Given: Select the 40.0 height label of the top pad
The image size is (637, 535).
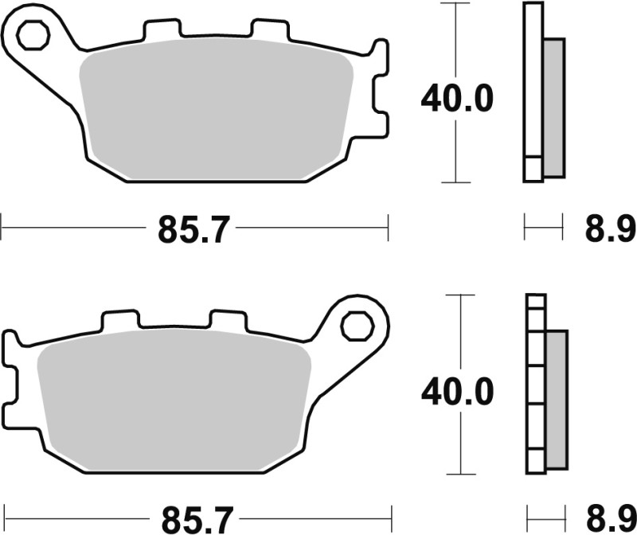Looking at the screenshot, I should pyautogui.click(x=457, y=100).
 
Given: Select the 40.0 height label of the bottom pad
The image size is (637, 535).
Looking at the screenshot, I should pyautogui.click(x=457, y=390).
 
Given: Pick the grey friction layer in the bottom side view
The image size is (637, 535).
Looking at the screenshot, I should pyautogui.click(x=556, y=398).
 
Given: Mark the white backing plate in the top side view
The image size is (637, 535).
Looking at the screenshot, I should pyautogui.click(x=533, y=92).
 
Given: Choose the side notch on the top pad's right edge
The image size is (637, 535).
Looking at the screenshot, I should pyautogui.click(x=381, y=100).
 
